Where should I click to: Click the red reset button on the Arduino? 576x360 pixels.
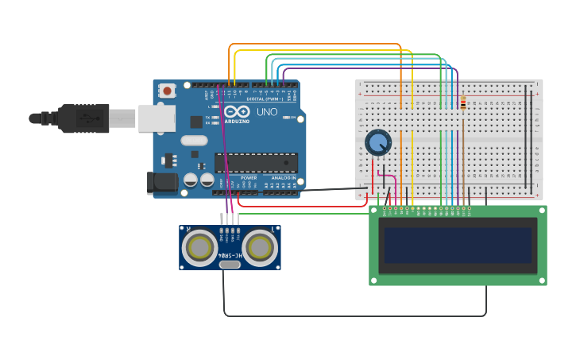click(x=167, y=91)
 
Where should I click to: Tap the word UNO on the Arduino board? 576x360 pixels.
click(x=267, y=112)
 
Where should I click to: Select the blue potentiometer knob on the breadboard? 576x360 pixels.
click(x=378, y=143)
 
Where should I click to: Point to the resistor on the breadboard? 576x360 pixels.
click(x=463, y=104)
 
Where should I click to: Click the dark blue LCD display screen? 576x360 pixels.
click(x=458, y=246)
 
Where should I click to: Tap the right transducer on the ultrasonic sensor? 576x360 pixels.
click(x=259, y=247)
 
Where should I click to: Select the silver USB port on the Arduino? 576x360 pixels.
click(x=157, y=118)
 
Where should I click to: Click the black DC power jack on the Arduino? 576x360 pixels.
click(x=163, y=183)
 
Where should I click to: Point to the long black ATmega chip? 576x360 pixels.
click(x=257, y=163)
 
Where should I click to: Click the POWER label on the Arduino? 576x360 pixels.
click(x=249, y=178)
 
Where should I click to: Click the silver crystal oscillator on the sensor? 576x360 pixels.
click(x=230, y=264)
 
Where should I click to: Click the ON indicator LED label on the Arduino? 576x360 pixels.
click(x=292, y=118)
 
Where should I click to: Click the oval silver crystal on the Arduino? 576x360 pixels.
click(x=194, y=141)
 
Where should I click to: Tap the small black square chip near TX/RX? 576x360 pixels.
click(x=196, y=122)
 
